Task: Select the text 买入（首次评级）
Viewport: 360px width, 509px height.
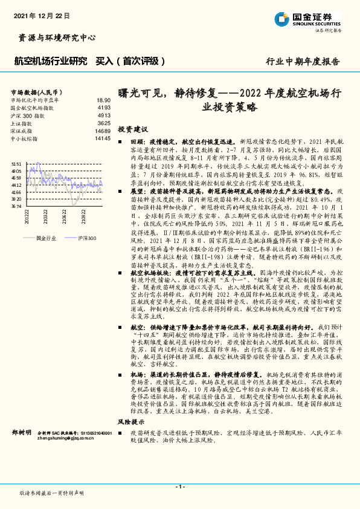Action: [x=131, y=61]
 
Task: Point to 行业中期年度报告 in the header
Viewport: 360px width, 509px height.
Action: [x=303, y=62]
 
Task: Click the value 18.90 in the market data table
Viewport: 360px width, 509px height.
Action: [x=103, y=100]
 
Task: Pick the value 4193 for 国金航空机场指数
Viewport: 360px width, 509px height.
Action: [x=104, y=108]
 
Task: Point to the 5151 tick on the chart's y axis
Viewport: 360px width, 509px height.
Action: [x=16, y=164]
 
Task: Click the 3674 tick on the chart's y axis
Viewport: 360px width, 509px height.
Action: [x=16, y=206]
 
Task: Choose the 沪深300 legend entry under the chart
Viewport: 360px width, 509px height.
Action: [x=87, y=239]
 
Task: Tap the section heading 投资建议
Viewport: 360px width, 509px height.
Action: [x=132, y=129]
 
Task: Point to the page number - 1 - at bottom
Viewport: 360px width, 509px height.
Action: [x=179, y=487]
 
